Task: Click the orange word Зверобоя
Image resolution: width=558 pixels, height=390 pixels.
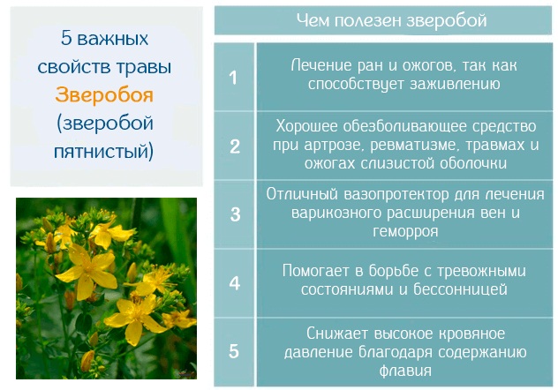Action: [x=104, y=95]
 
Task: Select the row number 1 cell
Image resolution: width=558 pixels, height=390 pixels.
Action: [x=234, y=78]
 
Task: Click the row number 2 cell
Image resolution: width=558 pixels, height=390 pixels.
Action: [x=234, y=146]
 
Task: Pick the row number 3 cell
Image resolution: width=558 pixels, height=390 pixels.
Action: [x=234, y=214]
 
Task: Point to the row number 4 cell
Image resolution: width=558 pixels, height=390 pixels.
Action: [x=234, y=282]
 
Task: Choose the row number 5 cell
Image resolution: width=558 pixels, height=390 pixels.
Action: [x=234, y=350]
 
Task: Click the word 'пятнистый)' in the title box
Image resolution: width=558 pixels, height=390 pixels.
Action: [x=104, y=151]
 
